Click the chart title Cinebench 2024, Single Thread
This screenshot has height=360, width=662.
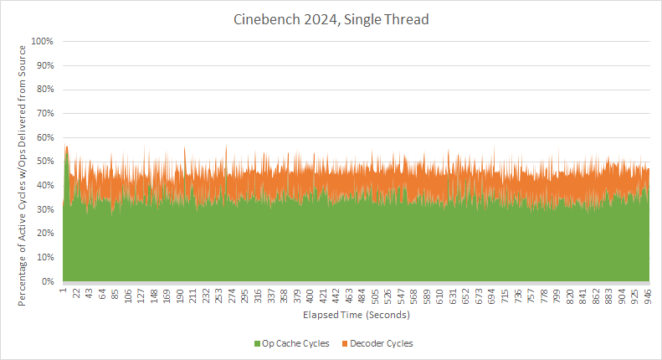coord(331,18)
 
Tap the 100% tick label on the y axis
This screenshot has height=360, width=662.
coord(42,41)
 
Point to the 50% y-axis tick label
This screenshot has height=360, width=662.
coord(44,162)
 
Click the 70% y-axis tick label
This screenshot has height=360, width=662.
coord(44,113)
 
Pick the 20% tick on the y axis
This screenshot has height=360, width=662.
coord(44,234)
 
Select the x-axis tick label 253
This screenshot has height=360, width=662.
coord(219,295)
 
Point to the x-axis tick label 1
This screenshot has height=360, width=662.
coord(64,292)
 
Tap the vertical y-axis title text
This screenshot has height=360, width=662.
coord(23,162)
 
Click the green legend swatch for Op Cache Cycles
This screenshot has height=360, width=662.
coord(257,344)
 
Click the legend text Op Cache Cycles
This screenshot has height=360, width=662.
coord(295,344)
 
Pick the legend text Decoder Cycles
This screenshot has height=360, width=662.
coord(381,344)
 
